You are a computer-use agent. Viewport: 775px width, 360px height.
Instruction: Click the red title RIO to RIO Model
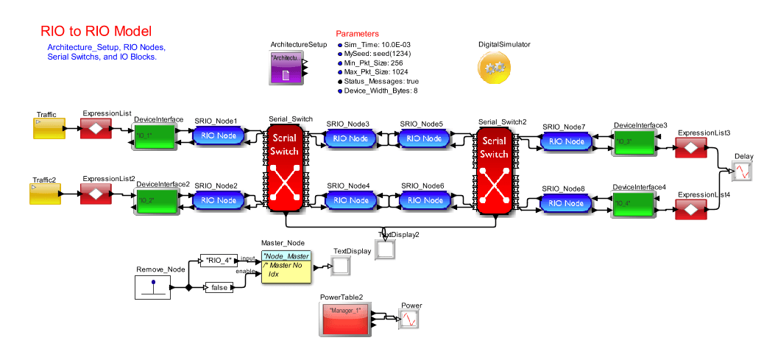point(96,32)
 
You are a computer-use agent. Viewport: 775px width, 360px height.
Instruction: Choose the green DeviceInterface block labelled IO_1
point(153,136)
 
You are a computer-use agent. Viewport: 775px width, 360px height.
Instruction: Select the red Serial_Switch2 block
point(494,170)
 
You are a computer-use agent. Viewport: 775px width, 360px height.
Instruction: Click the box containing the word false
point(219,288)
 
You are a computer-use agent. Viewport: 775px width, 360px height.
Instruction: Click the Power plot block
point(408,320)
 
